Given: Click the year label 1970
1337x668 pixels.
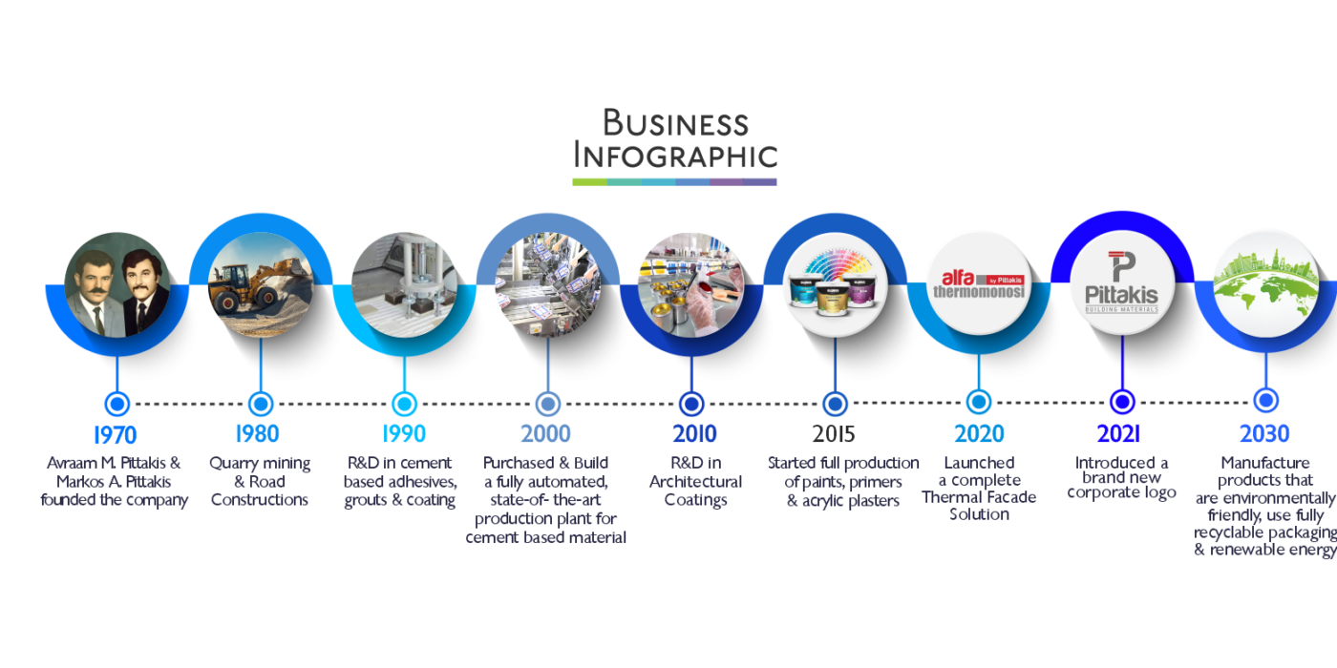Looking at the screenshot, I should [x=115, y=434].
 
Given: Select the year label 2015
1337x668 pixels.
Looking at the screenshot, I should [x=834, y=434].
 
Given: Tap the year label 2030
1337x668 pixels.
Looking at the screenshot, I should [x=1264, y=434].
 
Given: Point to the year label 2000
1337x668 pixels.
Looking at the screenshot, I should [x=545, y=434].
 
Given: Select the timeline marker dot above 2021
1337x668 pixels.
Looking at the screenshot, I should [x=1122, y=402].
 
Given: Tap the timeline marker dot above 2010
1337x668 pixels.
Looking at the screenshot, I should [x=690, y=403].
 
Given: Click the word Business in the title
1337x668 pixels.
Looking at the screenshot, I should [x=675, y=123].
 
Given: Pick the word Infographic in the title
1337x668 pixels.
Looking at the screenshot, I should [x=675, y=156].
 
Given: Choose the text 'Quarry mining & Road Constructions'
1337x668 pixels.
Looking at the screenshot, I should [x=260, y=481].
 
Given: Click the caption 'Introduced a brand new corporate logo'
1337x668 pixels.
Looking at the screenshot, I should [x=1121, y=478].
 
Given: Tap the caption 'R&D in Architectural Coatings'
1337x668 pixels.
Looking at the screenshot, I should [x=695, y=481].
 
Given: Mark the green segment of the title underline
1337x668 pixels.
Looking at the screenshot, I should [x=589, y=181].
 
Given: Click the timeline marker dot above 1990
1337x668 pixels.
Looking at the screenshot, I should [x=404, y=403].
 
